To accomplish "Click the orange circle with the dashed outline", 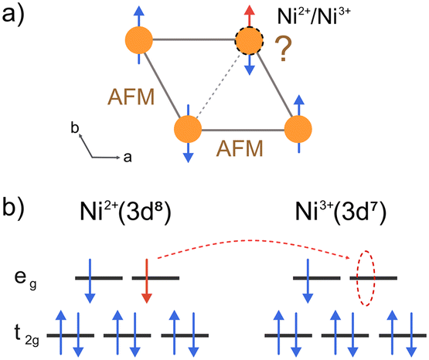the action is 249,41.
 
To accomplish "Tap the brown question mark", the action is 284,49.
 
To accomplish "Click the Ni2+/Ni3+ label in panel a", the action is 314,15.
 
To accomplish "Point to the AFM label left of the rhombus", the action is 131,97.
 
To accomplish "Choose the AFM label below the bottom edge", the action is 240,148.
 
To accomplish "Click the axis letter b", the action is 75,127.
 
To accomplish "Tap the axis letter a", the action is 128,158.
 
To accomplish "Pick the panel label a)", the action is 13,15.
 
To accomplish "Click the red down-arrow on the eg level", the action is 147,280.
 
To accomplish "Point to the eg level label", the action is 26,280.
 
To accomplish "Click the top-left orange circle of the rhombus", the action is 138,40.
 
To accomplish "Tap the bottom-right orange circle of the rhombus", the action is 298,129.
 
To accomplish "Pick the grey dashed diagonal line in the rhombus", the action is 219,85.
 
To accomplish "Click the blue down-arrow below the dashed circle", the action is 249,65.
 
